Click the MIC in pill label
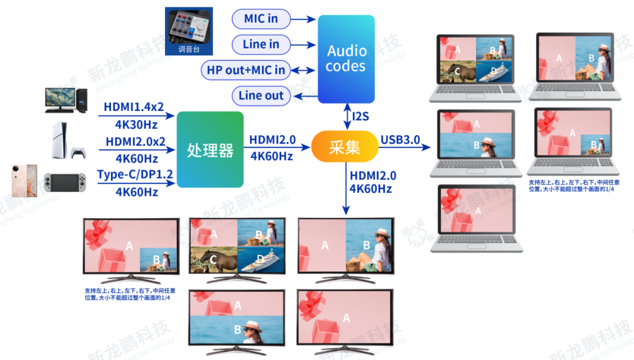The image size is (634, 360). tap(261, 19)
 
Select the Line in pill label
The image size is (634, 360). tap(261, 44)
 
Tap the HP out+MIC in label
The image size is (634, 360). tap(246, 70)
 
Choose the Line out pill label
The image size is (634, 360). tap(261, 96)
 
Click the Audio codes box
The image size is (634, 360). tap(346, 59)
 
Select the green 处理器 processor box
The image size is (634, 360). tap(210, 150)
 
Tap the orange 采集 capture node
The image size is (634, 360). tap(345, 146)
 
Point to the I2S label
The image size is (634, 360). tap(360, 116)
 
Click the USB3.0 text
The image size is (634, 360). tap(400, 140)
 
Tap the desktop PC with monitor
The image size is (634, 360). tap(65, 100)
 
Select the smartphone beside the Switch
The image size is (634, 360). tap(24, 180)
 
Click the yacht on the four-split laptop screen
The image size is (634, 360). tap(494, 73)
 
